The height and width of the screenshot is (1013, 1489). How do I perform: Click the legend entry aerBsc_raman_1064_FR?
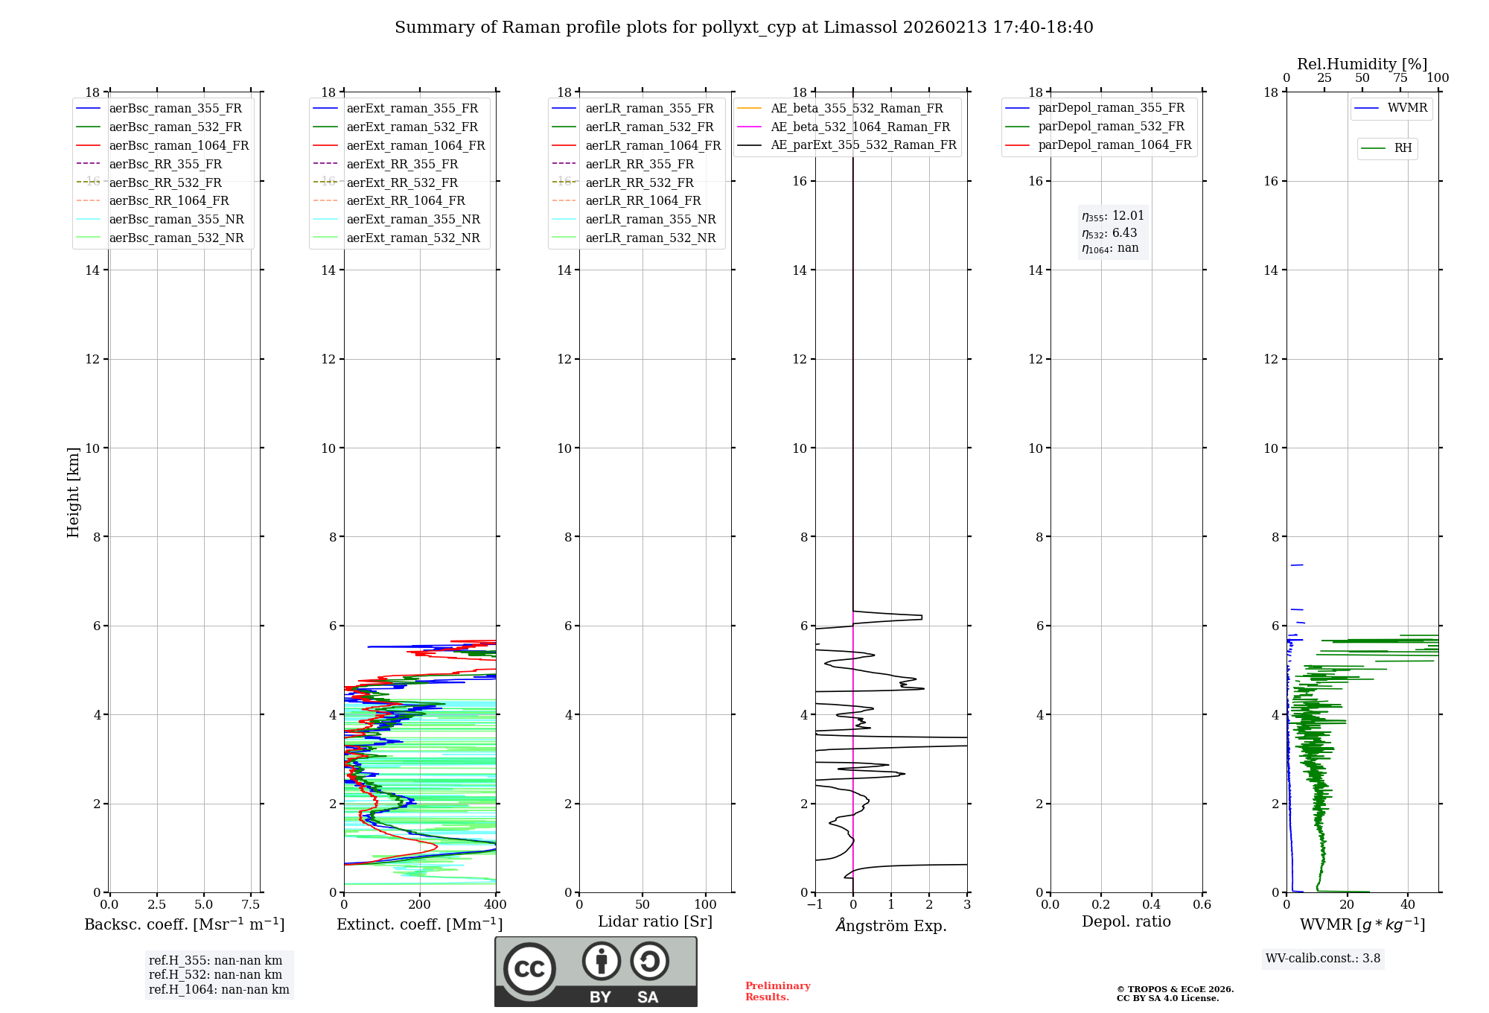point(179,145)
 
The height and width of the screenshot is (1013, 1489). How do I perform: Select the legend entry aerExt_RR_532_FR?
point(402,182)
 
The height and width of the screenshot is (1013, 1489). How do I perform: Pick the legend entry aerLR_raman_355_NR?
point(650,219)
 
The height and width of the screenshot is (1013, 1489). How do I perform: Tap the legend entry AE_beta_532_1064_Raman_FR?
point(860,127)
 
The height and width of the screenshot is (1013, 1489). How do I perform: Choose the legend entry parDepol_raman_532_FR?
point(1111,126)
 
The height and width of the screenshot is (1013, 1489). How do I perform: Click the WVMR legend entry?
point(1407,108)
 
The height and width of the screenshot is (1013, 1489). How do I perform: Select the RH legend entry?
point(1403,148)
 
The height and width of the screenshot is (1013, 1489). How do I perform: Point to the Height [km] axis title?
point(73,492)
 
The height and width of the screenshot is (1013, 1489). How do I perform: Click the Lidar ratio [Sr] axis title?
point(655,921)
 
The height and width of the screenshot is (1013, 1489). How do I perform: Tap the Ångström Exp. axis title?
point(891,925)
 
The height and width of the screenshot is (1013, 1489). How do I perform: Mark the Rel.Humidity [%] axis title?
point(1362,64)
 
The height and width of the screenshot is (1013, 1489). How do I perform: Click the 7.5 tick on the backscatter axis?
point(251,904)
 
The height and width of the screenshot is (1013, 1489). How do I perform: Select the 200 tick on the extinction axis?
point(420,904)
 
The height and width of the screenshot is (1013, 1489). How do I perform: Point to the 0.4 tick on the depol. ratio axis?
point(1151,904)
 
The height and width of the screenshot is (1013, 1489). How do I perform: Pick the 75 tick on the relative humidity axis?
point(1400,78)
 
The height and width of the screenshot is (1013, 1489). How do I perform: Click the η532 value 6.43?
point(1124,232)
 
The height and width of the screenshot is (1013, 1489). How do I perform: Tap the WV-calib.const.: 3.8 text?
point(1323,958)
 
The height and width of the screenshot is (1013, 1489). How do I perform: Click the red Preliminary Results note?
point(777,991)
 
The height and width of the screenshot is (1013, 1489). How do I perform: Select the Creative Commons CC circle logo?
point(529,969)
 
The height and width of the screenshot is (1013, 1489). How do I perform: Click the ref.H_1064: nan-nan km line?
point(219,989)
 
